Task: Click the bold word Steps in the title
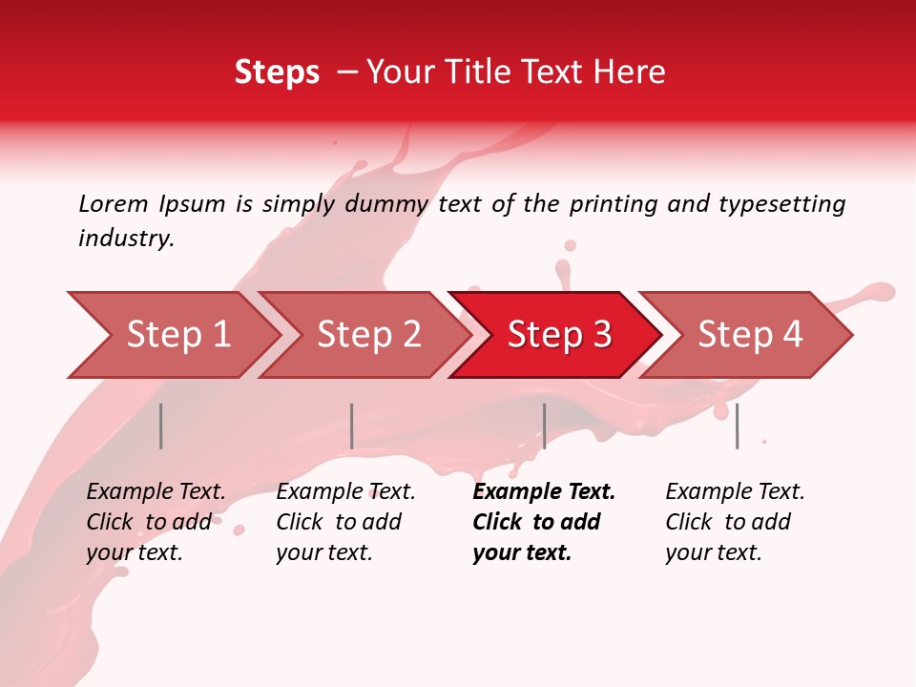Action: click(277, 73)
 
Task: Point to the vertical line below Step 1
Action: click(161, 426)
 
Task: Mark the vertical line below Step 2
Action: click(352, 426)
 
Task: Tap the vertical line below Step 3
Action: click(544, 426)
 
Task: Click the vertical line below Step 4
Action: click(737, 426)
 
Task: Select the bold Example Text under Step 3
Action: click(544, 492)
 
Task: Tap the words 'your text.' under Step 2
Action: click(323, 552)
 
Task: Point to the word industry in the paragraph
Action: click(126, 239)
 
